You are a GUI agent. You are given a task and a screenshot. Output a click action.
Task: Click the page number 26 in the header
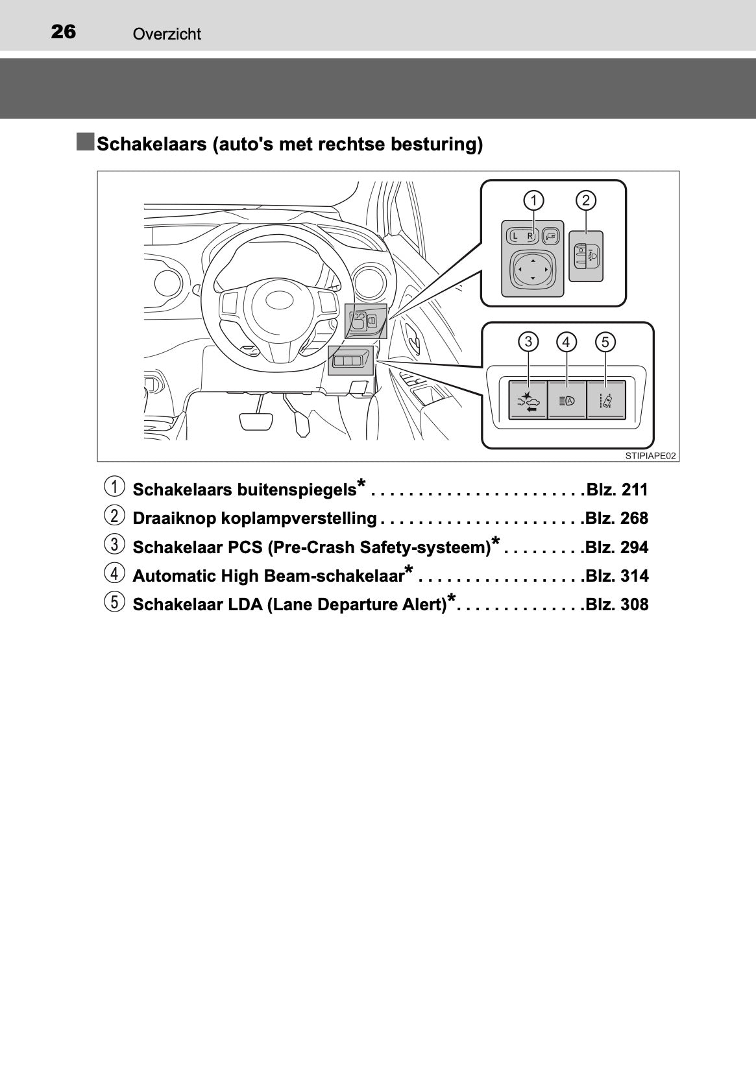click(x=63, y=32)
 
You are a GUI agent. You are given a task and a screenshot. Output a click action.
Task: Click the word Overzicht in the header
click(x=167, y=34)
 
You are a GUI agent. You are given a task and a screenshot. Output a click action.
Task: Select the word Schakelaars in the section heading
click(x=151, y=143)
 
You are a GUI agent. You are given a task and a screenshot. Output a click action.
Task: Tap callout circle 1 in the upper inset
click(x=533, y=200)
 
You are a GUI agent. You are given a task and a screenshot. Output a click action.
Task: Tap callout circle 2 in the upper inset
click(x=586, y=200)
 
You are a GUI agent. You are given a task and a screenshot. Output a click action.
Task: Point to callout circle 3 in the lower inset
click(x=528, y=342)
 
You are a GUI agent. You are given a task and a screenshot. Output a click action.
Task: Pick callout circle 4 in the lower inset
click(x=567, y=342)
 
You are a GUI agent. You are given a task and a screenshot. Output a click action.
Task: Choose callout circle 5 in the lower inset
click(x=605, y=342)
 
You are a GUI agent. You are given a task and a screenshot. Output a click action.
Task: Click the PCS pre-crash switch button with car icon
click(x=528, y=400)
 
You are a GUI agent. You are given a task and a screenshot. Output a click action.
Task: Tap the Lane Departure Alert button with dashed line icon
click(x=606, y=400)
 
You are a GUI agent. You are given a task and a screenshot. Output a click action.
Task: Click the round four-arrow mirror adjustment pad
click(x=532, y=270)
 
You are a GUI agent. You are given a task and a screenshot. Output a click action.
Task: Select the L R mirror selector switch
click(x=522, y=235)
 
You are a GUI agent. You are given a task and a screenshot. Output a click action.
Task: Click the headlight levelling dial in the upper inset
click(x=586, y=256)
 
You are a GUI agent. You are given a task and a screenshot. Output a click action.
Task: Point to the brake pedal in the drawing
click(x=256, y=421)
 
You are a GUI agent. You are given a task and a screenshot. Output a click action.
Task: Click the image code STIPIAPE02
click(x=650, y=456)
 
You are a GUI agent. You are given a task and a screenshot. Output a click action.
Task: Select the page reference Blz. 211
click(x=616, y=490)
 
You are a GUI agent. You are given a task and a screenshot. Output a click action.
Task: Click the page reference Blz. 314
click(x=616, y=576)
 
